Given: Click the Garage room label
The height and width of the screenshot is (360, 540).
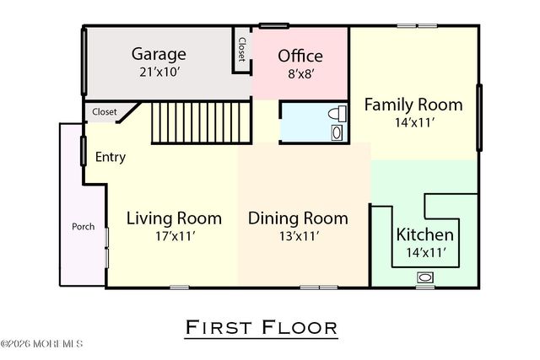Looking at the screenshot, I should (x=159, y=55).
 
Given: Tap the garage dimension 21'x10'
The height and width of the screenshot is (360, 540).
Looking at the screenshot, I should (x=159, y=73).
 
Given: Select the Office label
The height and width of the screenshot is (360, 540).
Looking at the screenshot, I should (x=300, y=56).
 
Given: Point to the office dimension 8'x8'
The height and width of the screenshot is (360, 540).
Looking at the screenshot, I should (x=300, y=74).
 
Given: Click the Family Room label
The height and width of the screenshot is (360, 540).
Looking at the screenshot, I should (x=413, y=105).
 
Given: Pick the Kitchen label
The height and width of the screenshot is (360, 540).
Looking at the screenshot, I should (x=425, y=234).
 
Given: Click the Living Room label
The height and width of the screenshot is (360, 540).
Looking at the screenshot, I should (x=174, y=218).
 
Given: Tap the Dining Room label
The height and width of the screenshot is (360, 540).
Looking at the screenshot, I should (x=298, y=218).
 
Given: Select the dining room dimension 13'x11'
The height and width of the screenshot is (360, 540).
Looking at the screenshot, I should (x=298, y=236).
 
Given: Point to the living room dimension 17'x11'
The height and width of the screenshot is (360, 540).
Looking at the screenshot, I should (x=174, y=236).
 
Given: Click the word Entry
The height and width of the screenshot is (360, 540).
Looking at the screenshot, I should (x=111, y=157).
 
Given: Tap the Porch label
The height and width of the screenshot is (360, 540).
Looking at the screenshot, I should (x=83, y=226).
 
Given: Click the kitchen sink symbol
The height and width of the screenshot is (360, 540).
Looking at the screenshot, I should (x=425, y=277).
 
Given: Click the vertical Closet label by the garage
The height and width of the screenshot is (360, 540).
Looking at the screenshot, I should (x=242, y=49).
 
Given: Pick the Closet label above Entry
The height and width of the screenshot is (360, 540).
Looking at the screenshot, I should (x=105, y=111).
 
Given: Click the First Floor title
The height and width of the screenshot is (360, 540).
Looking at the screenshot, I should (x=261, y=326).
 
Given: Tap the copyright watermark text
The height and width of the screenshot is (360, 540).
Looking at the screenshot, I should (x=42, y=344).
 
